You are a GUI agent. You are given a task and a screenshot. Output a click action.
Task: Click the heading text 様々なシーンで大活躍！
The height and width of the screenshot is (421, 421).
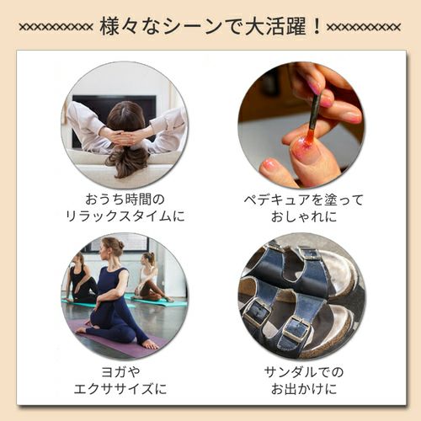coord(210,25)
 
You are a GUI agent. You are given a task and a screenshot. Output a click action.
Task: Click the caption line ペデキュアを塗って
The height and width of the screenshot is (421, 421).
coord(301,199)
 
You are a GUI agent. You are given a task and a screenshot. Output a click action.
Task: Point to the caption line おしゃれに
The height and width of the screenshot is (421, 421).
coord(301,216)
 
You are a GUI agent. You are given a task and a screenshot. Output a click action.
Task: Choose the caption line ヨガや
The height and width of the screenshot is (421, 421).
coord(125,371)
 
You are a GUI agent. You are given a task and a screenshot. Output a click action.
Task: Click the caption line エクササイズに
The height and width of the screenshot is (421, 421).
coord(125,389)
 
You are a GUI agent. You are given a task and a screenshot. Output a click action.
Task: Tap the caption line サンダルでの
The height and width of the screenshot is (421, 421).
coord(301,371)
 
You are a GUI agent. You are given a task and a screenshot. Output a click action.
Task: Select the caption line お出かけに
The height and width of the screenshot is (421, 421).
coord(301,389)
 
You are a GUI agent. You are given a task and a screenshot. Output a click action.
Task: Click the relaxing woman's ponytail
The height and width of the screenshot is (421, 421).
coord(127,156)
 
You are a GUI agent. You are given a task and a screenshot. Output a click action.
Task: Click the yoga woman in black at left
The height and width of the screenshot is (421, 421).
coord(81,278)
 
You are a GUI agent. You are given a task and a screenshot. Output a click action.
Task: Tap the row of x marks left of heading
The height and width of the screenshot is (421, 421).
coord(56,26)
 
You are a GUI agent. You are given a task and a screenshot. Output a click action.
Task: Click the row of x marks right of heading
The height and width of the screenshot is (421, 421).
coord(364,26)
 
